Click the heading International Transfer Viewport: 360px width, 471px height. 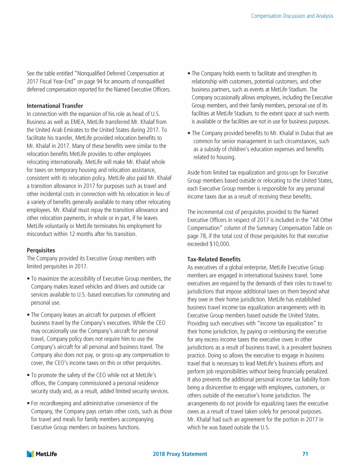(55, 106)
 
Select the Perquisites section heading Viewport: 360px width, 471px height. (41, 251)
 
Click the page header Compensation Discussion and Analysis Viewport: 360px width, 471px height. (292, 16)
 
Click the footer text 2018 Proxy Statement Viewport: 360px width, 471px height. (180, 454)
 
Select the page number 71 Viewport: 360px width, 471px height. (305, 454)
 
